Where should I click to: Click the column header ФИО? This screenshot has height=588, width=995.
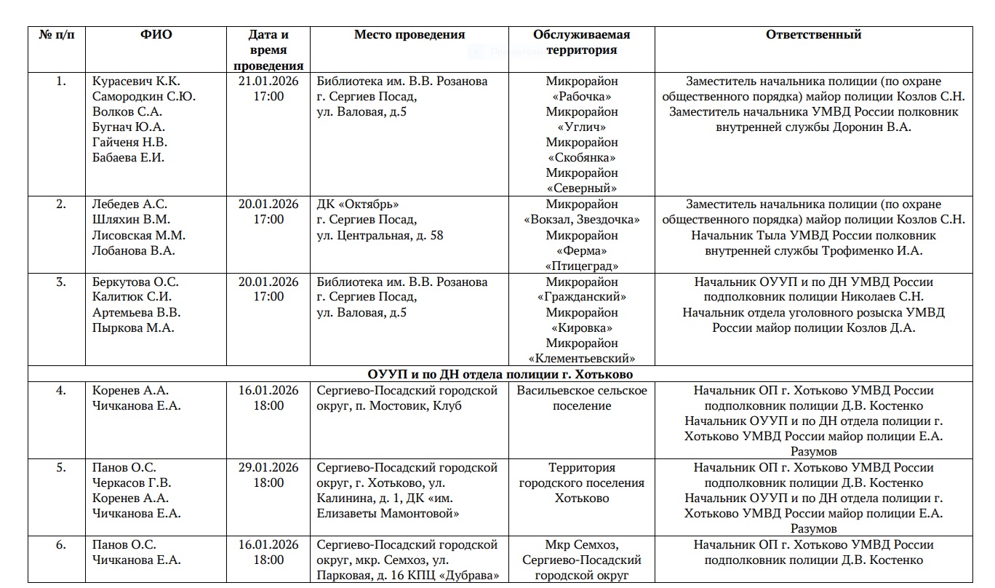click(x=156, y=34)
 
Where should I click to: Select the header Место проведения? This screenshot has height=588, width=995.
click(x=409, y=34)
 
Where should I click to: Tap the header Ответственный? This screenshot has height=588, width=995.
click(x=813, y=34)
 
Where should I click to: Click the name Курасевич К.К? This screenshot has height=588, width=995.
click(x=136, y=81)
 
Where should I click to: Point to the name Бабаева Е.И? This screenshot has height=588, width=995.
click(x=129, y=157)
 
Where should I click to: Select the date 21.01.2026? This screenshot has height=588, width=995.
click(x=268, y=81)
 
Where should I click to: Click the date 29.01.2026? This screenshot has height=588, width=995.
click(x=268, y=467)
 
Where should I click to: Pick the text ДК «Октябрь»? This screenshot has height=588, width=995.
click(x=358, y=204)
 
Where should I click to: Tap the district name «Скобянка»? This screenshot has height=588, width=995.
click(x=581, y=157)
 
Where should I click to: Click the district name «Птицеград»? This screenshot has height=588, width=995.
click(x=581, y=266)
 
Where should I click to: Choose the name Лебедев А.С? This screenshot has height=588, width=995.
click(x=129, y=204)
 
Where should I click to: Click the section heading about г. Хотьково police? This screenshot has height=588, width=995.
click(x=500, y=374)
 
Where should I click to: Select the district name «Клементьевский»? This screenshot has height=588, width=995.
click(x=581, y=358)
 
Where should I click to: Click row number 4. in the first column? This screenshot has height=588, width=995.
click(x=61, y=390)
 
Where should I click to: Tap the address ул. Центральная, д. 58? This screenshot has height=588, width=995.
click(x=380, y=235)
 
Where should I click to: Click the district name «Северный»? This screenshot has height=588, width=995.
click(x=581, y=188)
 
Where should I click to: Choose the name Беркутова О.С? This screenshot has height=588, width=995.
click(x=135, y=282)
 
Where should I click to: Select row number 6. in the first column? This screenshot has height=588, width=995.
click(x=61, y=544)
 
